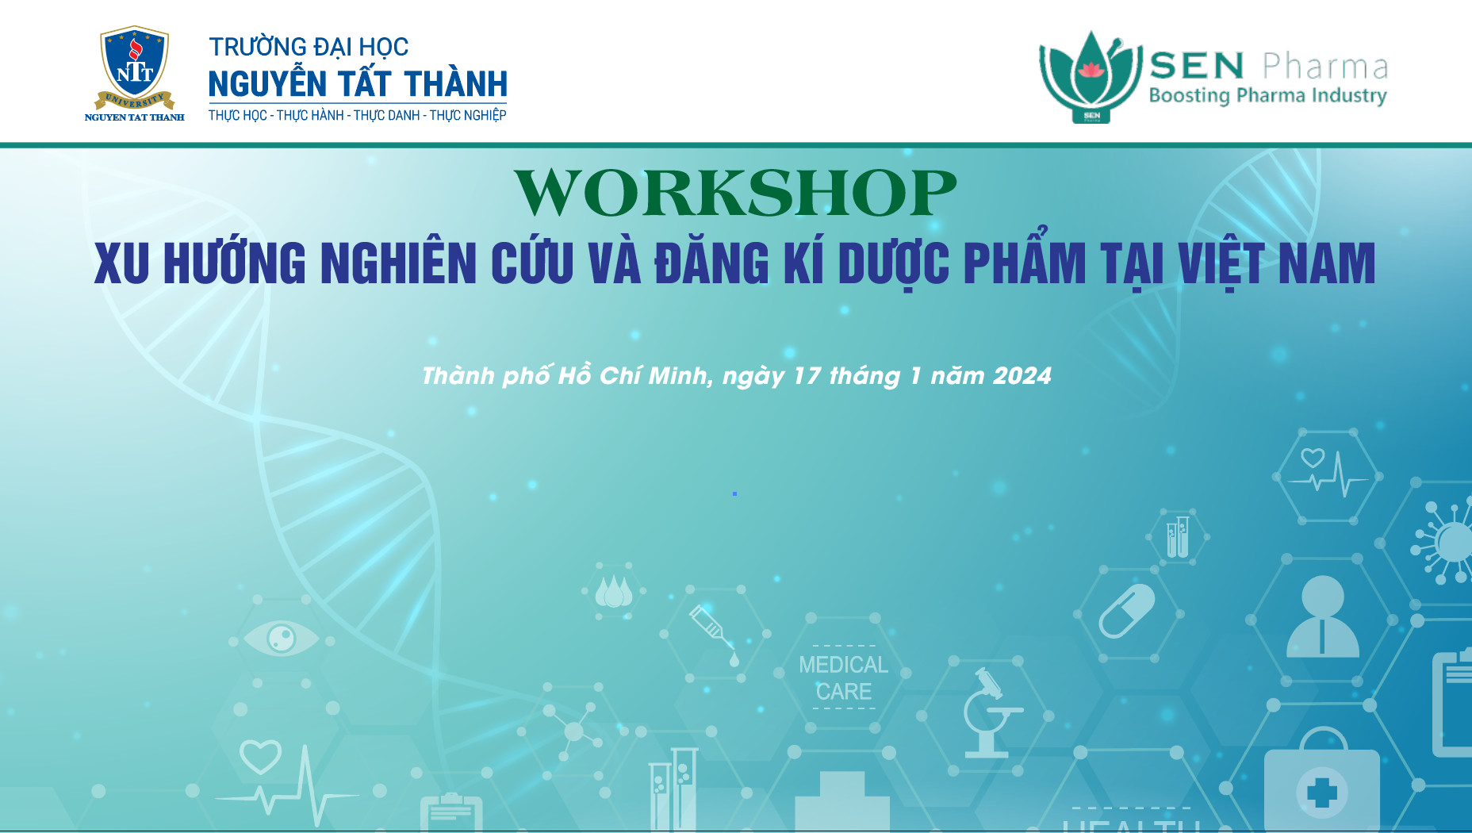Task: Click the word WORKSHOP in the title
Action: pyautogui.click(x=735, y=193)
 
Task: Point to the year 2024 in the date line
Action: pyautogui.click(x=1022, y=375)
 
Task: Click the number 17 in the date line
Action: pyautogui.click(x=807, y=375)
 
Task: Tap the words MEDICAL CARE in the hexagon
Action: pyautogui.click(x=843, y=678)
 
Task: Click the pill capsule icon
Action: pyautogui.click(x=1126, y=611)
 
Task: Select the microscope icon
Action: pyautogui.click(x=991, y=712)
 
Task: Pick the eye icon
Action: pyautogui.click(x=281, y=638)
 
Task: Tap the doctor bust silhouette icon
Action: pyautogui.click(x=1323, y=616)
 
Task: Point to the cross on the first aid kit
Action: pyautogui.click(x=1321, y=792)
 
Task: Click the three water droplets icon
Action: pyautogui.click(x=613, y=592)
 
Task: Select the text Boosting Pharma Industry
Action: pyautogui.click(x=1267, y=96)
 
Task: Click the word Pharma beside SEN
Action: pyautogui.click(x=1325, y=67)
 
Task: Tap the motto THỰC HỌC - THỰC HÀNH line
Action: pyautogui.click(x=357, y=115)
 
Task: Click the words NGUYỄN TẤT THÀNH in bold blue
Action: pyautogui.click(x=358, y=83)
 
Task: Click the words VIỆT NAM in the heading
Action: pyautogui.click(x=1276, y=263)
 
